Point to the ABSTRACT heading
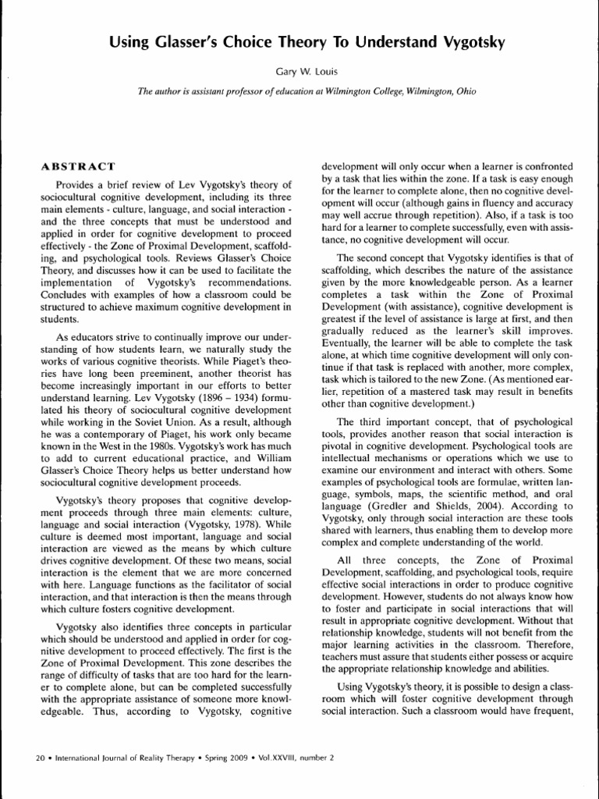77,166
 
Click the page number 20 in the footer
41,757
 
